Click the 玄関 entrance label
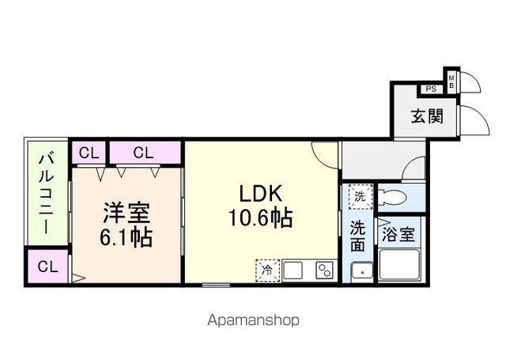(427, 116)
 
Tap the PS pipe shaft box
(431, 89)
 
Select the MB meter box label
(451, 81)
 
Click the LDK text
(261, 193)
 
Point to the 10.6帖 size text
(261, 218)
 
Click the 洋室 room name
(126, 213)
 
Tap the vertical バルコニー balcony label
(47, 194)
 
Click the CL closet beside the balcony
(47, 267)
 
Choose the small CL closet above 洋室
(89, 153)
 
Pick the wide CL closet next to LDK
(145, 153)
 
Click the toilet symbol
(392, 197)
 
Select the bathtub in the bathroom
(400, 264)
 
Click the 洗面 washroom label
(357, 236)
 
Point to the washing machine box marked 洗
(361, 197)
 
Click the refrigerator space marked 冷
(267, 271)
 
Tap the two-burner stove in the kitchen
(325, 271)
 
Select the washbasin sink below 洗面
(362, 272)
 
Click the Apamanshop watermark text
(253, 320)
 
